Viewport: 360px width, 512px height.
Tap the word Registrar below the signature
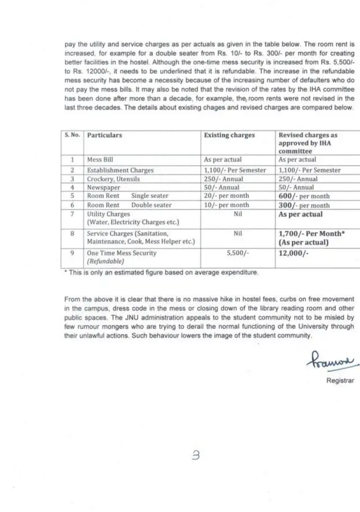click(340, 380)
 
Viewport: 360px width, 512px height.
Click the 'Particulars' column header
click(104, 135)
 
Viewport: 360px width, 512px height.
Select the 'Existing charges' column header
click(229, 135)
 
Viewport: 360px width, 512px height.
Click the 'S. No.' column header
click(72, 135)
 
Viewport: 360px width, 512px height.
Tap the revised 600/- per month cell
click(304, 196)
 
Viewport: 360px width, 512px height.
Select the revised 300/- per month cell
click(304, 205)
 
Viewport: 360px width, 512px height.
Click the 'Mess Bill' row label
click(100, 160)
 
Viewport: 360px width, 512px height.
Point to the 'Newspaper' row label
click(103, 187)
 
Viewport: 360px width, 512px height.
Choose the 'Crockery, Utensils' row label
click(113, 178)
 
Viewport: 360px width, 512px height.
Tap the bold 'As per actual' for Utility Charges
click(300, 214)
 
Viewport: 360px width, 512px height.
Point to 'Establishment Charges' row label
click(120, 169)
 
